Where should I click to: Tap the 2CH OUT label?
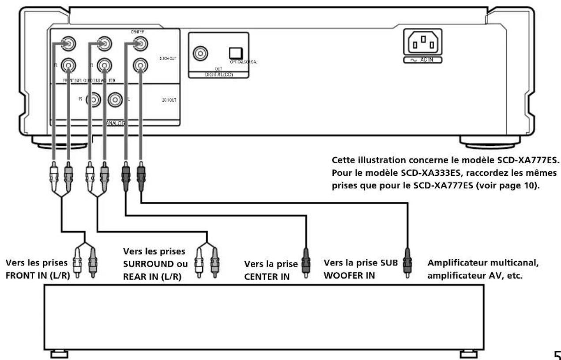pyautogui.click(x=169, y=100)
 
